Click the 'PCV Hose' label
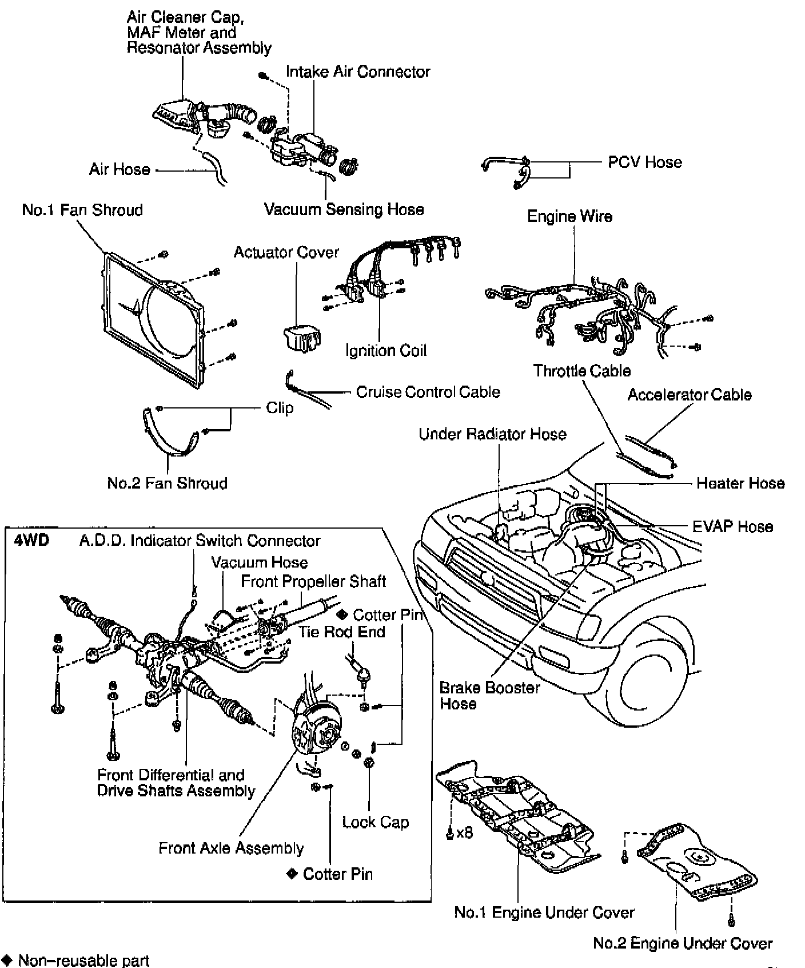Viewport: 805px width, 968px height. [644, 162]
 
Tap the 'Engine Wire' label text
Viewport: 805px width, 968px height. [569, 217]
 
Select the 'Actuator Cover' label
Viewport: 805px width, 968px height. [286, 252]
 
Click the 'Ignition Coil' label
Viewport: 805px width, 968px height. [386, 350]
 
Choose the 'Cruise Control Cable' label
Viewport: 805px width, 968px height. [428, 392]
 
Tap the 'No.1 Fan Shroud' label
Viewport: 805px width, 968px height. [82, 211]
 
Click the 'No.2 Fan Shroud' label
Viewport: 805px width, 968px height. [167, 483]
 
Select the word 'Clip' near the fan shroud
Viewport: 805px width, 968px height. [280, 408]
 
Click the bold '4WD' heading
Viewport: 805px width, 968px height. [31, 541]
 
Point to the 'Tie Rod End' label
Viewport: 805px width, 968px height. [342, 632]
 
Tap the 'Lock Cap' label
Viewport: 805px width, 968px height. [376, 823]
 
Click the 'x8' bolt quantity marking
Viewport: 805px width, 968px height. [465, 833]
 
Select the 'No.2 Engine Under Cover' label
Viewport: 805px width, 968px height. [683, 943]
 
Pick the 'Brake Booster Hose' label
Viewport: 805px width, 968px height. [489, 695]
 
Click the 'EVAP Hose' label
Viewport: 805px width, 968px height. [732, 526]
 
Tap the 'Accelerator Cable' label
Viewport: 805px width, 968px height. [690, 395]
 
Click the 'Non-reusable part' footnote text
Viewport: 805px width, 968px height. [83, 960]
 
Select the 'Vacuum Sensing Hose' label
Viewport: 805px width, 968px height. [344, 209]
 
